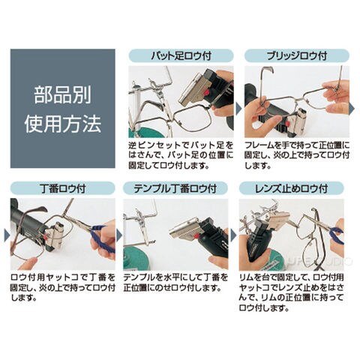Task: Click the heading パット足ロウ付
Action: [181, 55]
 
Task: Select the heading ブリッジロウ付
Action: [297, 55]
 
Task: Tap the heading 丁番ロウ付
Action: [63, 188]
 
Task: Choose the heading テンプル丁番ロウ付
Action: [175, 188]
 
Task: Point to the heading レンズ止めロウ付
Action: [292, 188]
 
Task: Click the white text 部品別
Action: [63, 95]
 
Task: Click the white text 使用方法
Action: [63, 124]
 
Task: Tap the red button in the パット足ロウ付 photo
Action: [207, 93]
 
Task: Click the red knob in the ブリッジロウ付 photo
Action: [288, 123]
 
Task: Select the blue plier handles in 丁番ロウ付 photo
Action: [101, 238]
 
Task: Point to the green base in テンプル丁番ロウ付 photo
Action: [137, 260]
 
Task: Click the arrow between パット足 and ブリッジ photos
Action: [238, 108]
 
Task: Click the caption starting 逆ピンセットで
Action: [181, 155]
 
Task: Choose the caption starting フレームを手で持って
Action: [297, 155]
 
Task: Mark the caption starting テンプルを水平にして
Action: [175, 283]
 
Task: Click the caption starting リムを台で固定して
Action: [292, 292]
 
